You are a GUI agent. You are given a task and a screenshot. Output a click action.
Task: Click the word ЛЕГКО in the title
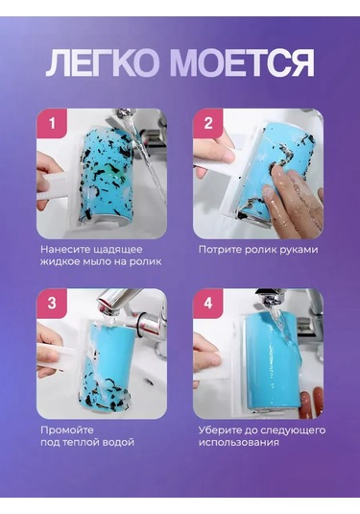[x=102, y=63]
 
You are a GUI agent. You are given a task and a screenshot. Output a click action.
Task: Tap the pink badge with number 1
[x=52, y=124]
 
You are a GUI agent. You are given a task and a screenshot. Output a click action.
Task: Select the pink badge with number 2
[x=208, y=124]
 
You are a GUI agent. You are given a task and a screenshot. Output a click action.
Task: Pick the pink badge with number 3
[x=52, y=304]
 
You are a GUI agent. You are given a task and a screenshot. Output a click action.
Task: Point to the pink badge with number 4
[x=208, y=304]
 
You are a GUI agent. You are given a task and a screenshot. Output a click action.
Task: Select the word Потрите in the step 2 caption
[x=219, y=250]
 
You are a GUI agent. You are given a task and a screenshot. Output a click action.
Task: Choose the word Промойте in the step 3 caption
[x=67, y=429]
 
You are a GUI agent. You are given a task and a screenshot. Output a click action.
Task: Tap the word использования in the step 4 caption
[x=239, y=443]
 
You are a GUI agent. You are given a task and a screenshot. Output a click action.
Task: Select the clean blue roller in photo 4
[x=272, y=360]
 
